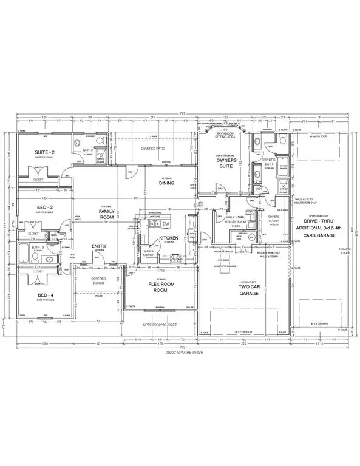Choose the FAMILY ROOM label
click(107, 213)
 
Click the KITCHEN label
click(168, 238)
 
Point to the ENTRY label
click(100, 246)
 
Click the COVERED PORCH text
click(100, 281)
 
